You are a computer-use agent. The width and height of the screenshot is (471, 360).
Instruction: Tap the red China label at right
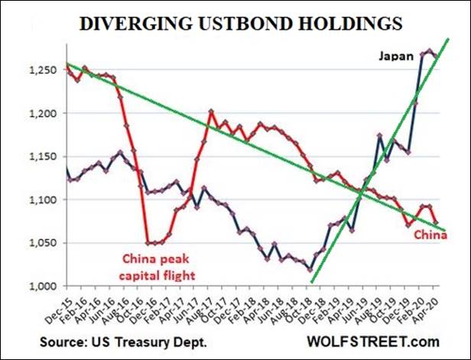pos(430,236)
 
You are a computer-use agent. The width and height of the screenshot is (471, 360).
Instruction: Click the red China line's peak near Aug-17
pos(211,112)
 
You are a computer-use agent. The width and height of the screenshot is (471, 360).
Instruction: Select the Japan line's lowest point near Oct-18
pos(310,269)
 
